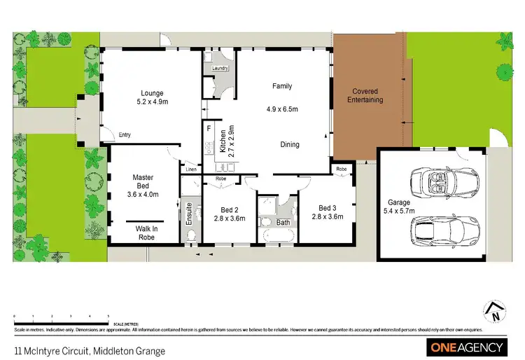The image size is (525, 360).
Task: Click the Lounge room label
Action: [x=152, y=93]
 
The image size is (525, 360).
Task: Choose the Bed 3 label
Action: [x=328, y=208]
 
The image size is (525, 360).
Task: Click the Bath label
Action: [x=283, y=223]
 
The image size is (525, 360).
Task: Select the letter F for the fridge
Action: [x=209, y=130]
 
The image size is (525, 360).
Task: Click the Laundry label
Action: [x=212, y=68]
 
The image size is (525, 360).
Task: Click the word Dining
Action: [x=290, y=145]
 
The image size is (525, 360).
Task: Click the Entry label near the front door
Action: [x=125, y=135]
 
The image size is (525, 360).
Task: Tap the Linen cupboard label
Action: [x=190, y=169]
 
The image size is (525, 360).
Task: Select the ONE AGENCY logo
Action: [x=465, y=347]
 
